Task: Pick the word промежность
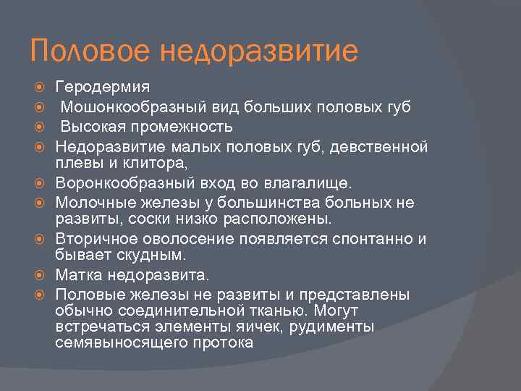pyautogui.click(x=178, y=127)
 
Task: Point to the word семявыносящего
pyautogui.click(x=109, y=342)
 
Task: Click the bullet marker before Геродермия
pyautogui.click(x=40, y=88)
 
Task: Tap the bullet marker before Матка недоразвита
pyautogui.click(x=40, y=276)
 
